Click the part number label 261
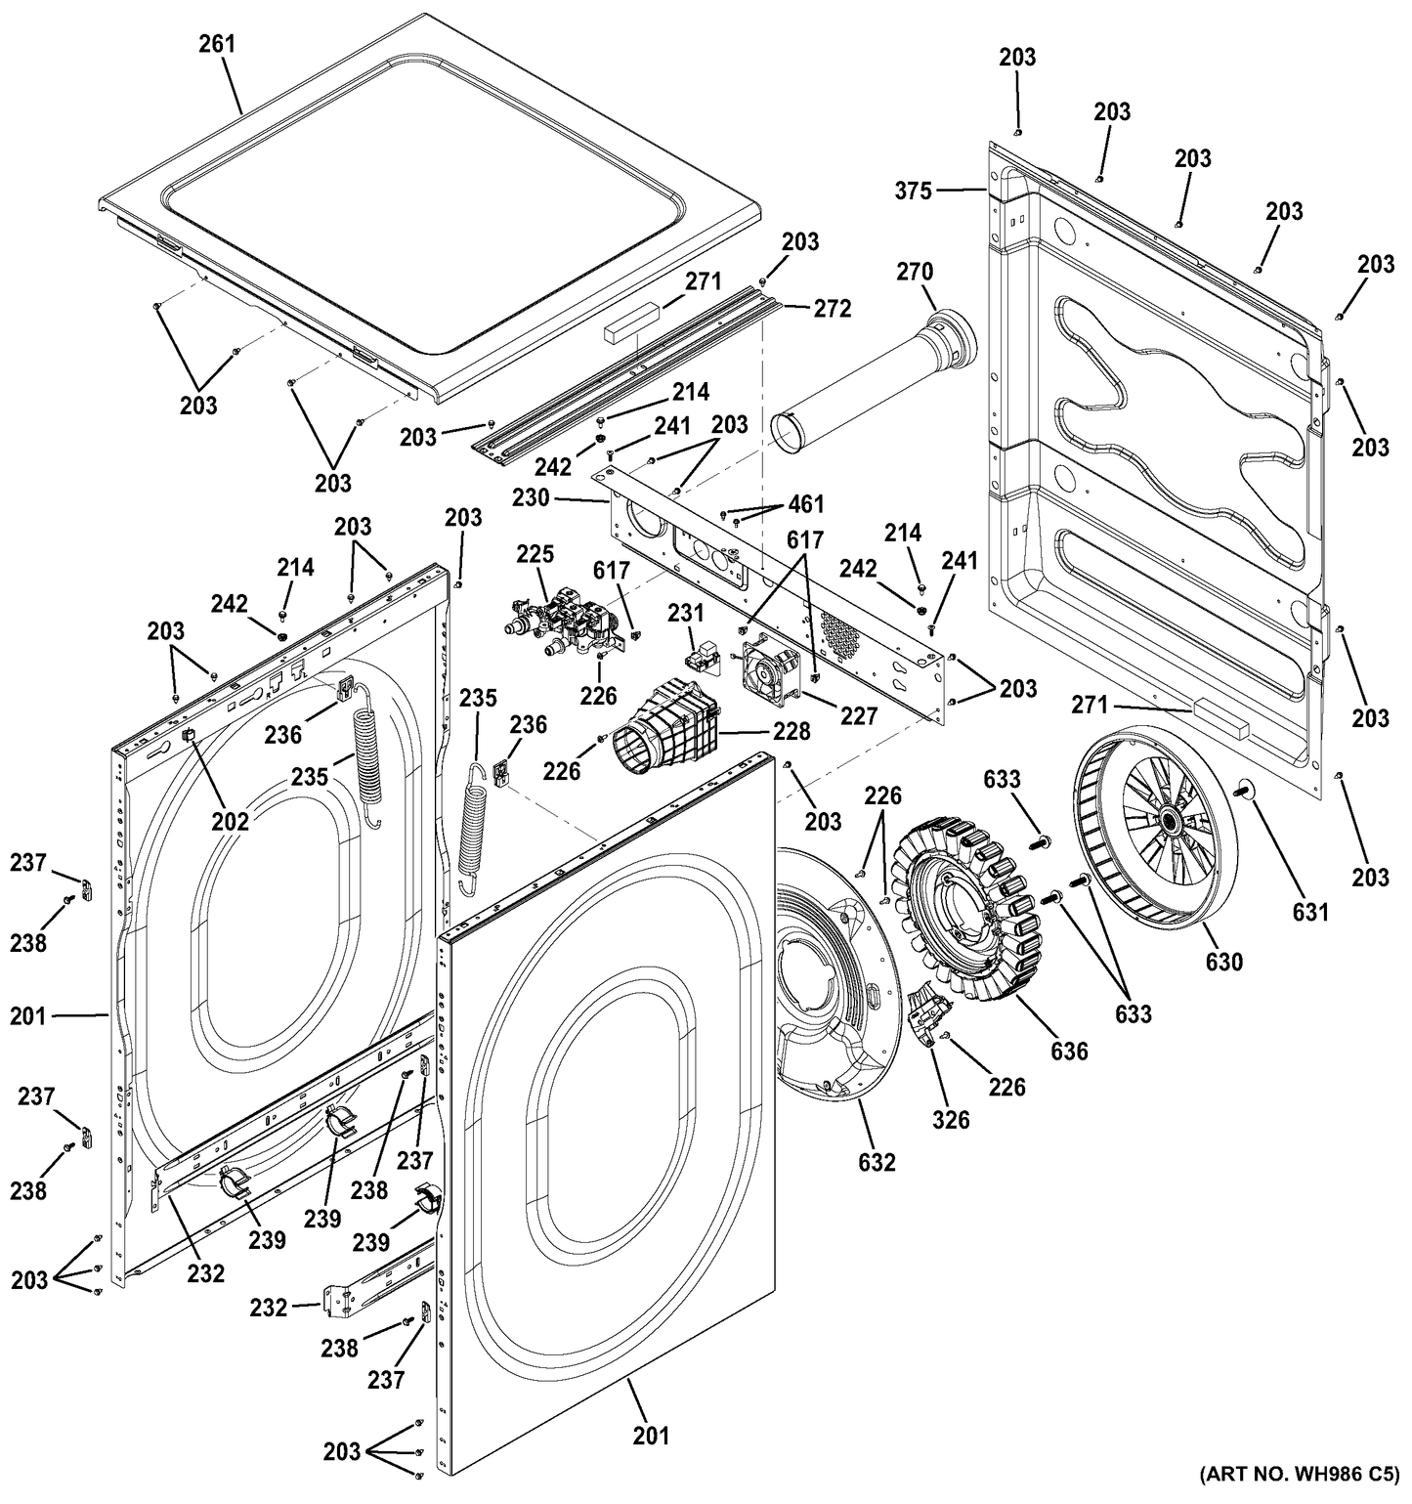(217, 44)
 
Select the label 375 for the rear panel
(914, 192)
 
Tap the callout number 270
(915, 272)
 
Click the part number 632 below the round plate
(877, 1162)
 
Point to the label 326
(950, 1119)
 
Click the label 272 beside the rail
(833, 309)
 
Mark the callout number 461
(805, 504)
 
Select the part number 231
(686, 613)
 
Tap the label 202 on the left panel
(231, 821)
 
